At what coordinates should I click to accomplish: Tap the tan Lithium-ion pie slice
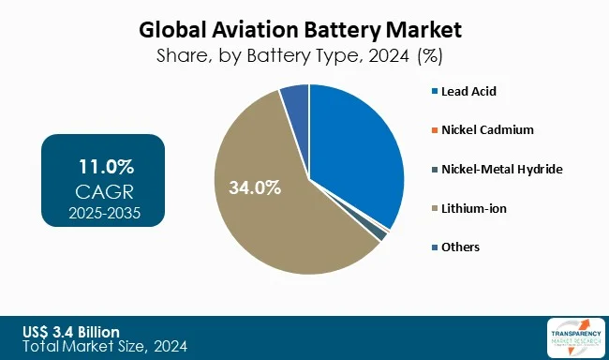coord(281,216)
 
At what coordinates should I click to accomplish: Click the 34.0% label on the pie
coord(256,187)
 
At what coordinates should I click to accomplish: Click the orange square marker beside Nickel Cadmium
coord(434,130)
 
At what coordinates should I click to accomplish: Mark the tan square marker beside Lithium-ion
coord(434,208)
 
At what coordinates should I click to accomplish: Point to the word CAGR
coord(104,192)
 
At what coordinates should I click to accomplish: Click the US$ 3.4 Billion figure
coord(72,332)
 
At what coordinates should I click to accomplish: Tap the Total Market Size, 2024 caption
coord(105,347)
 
